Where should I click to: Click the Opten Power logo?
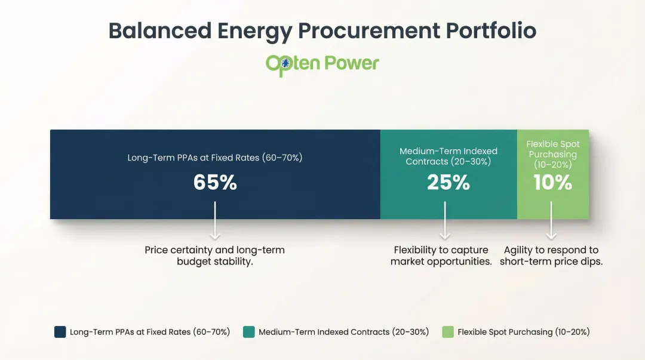coord(322,63)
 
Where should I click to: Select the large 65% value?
coord(215,183)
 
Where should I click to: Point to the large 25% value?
coord(448,183)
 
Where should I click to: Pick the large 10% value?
coord(552,183)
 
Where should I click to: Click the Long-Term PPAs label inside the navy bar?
coord(215,158)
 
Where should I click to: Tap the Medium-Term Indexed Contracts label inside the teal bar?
coord(448,156)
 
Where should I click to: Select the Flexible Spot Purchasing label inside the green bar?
coord(552,154)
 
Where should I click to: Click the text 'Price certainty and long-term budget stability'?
coord(215,256)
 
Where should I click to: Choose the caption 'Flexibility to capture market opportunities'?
coord(441,256)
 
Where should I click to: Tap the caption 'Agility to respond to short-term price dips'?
coord(551,256)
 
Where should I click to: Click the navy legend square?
coord(60,332)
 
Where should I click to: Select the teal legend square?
coord(248,332)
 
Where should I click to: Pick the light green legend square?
coord(447,332)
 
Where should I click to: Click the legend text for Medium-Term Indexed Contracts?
coord(343,332)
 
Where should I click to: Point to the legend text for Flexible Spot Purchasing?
coord(524,332)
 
